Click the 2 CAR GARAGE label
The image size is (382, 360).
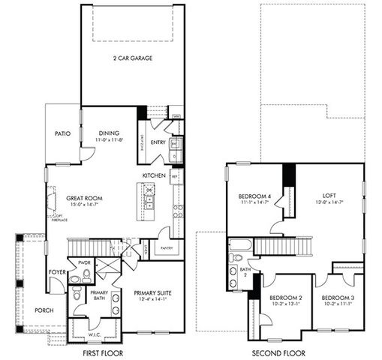pos(134,58)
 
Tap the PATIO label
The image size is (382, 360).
pos(62,134)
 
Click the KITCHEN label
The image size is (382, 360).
pos(154,175)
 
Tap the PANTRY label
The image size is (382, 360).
pos(167,247)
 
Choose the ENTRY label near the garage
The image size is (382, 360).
pos(158,142)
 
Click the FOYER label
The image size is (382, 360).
pos(57,272)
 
